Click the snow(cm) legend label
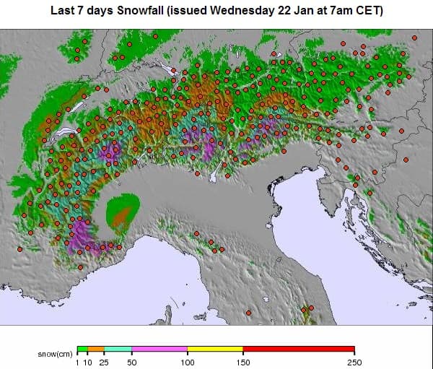55,355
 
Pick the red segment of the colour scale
298,348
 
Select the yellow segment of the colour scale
214,348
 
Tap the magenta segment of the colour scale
159,348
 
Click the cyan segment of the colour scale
118,348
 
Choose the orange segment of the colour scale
96,348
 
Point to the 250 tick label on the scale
354,362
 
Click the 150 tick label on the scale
242,362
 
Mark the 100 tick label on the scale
187,362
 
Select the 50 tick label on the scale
131,362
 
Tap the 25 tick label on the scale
104,362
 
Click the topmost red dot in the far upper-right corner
414,37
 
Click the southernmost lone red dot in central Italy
248,313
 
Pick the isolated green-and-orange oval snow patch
123,213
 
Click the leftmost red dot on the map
19,248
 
